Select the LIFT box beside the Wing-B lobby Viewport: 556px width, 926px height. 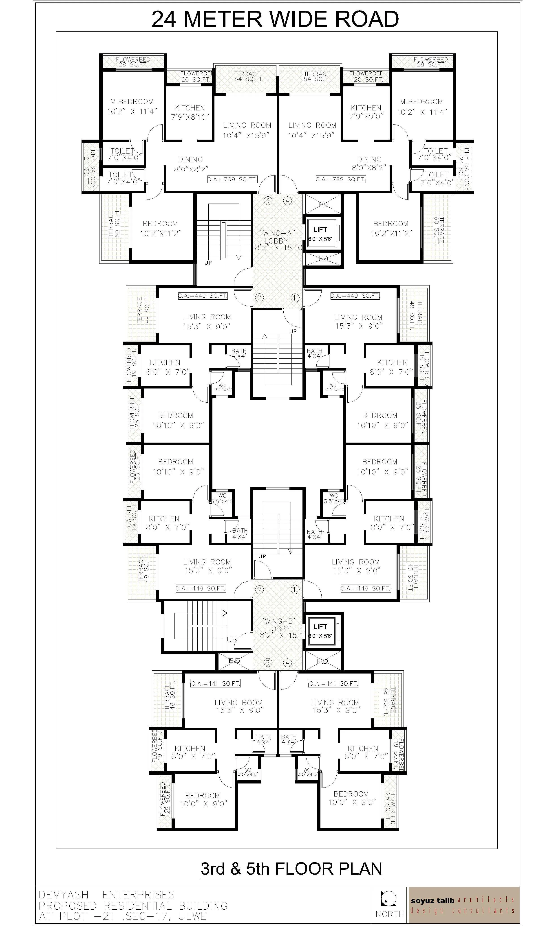pyautogui.click(x=320, y=631)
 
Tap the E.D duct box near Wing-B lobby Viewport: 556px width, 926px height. pyautogui.click(x=234, y=661)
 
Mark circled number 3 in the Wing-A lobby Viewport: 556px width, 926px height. pyautogui.click(x=267, y=201)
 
